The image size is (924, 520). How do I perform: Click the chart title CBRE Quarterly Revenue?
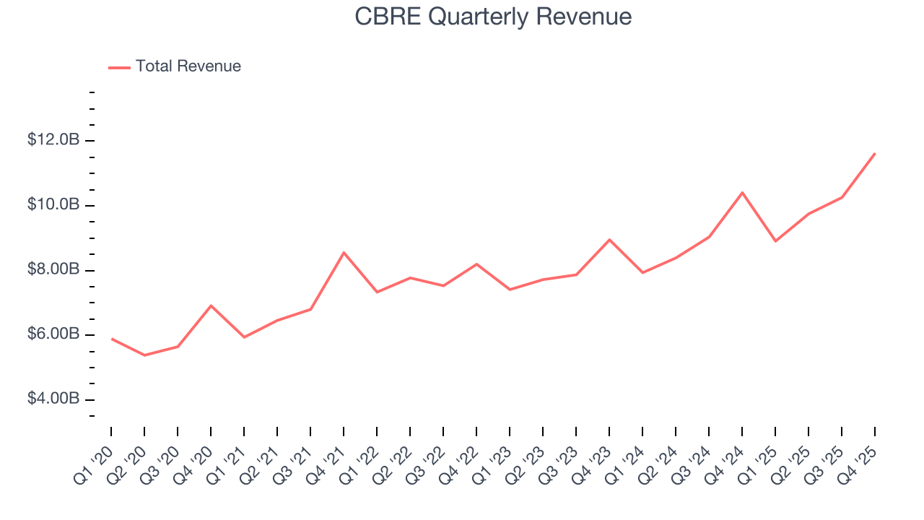(x=493, y=17)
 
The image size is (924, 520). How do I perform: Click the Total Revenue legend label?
(x=188, y=66)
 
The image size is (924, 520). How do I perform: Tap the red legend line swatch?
(x=119, y=67)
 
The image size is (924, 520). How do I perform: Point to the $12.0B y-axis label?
(x=53, y=140)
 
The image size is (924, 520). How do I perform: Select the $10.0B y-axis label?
(x=53, y=205)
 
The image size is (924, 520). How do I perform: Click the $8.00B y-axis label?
(x=53, y=270)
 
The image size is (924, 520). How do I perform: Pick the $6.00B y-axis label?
(x=53, y=335)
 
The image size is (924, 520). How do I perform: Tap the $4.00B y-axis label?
(x=53, y=399)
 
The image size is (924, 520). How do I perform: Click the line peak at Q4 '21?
(x=344, y=252)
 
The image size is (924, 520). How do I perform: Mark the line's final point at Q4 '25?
(x=875, y=153)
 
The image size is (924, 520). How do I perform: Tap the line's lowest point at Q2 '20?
(x=144, y=355)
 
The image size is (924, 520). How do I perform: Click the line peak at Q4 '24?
(x=742, y=192)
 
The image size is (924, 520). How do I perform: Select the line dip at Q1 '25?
(x=775, y=241)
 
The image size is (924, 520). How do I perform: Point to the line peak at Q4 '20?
(x=211, y=305)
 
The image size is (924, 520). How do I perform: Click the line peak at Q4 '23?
(x=609, y=239)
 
